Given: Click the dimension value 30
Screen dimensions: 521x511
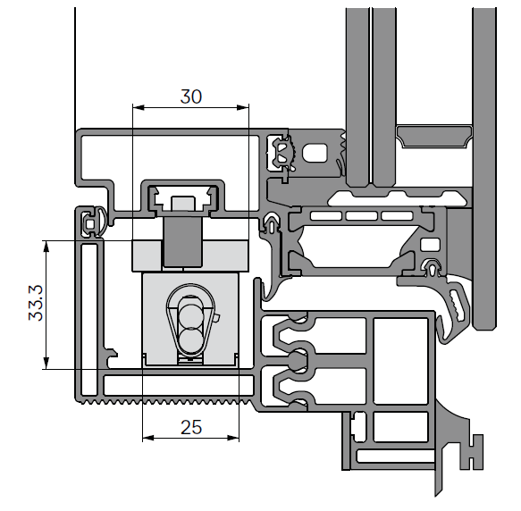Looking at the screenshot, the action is pos(191,96).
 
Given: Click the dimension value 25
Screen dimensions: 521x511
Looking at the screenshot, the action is pos(191,427).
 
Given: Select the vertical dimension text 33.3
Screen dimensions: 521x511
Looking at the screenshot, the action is pos(36,303).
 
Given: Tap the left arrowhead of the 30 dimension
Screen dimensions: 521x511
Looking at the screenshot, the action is pos(139,107).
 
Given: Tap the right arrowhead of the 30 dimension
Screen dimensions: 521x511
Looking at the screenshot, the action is pos(243,107).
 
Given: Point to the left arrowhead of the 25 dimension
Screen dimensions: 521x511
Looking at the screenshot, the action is pos(148,438).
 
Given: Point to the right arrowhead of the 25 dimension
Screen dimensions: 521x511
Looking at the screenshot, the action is pos(233,438).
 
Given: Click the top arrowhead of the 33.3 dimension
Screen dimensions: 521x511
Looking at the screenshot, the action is pos(46,247).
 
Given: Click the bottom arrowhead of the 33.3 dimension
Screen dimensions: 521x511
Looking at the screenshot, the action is pos(46,363).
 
